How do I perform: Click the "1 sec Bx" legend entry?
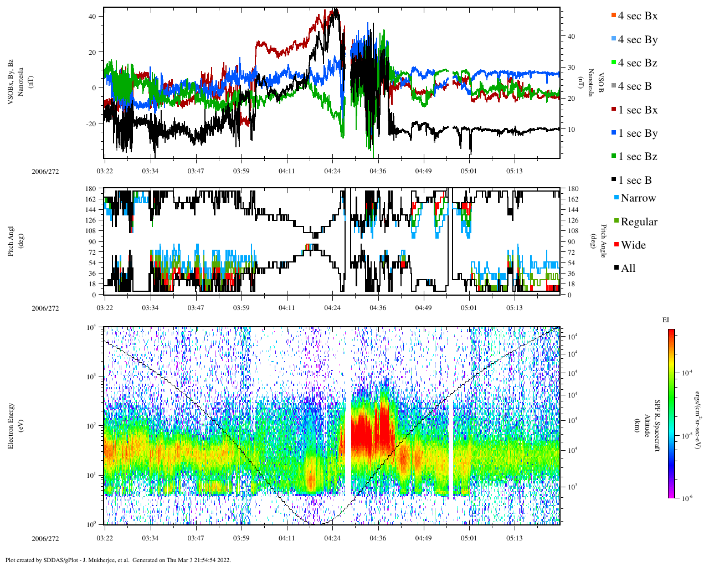(x=638, y=110)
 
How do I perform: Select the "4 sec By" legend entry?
(x=638, y=40)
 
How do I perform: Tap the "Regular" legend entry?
(x=639, y=222)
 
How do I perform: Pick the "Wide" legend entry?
(x=633, y=245)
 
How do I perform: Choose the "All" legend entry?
(x=628, y=269)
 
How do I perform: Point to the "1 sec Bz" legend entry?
(x=638, y=157)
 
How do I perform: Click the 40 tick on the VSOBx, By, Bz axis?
(x=91, y=17)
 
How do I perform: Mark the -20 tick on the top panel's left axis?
(x=90, y=123)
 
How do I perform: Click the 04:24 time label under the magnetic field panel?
(x=332, y=171)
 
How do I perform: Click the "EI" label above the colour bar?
(x=666, y=320)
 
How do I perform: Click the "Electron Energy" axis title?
(x=11, y=426)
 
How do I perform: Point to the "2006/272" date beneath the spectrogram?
(x=45, y=538)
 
